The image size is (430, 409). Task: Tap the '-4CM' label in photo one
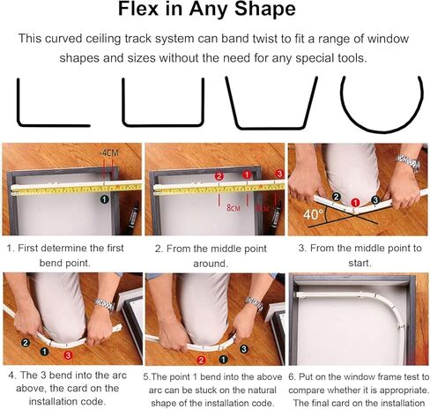109,152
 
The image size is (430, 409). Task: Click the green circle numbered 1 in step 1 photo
104,199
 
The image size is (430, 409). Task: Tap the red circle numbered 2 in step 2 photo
219,176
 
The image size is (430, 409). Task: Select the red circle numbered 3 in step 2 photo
279,174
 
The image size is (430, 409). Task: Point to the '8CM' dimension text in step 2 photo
234,208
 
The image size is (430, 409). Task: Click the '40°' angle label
313,214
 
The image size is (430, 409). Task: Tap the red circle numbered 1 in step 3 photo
355,203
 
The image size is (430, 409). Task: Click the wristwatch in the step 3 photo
408,162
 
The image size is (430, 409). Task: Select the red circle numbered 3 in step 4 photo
68,355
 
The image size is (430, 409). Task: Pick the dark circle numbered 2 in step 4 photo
26,342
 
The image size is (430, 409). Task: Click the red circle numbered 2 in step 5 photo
201,360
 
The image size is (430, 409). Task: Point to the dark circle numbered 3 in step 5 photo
243,349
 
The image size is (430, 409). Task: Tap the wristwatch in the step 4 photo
104,304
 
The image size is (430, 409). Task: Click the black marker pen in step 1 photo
132,218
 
